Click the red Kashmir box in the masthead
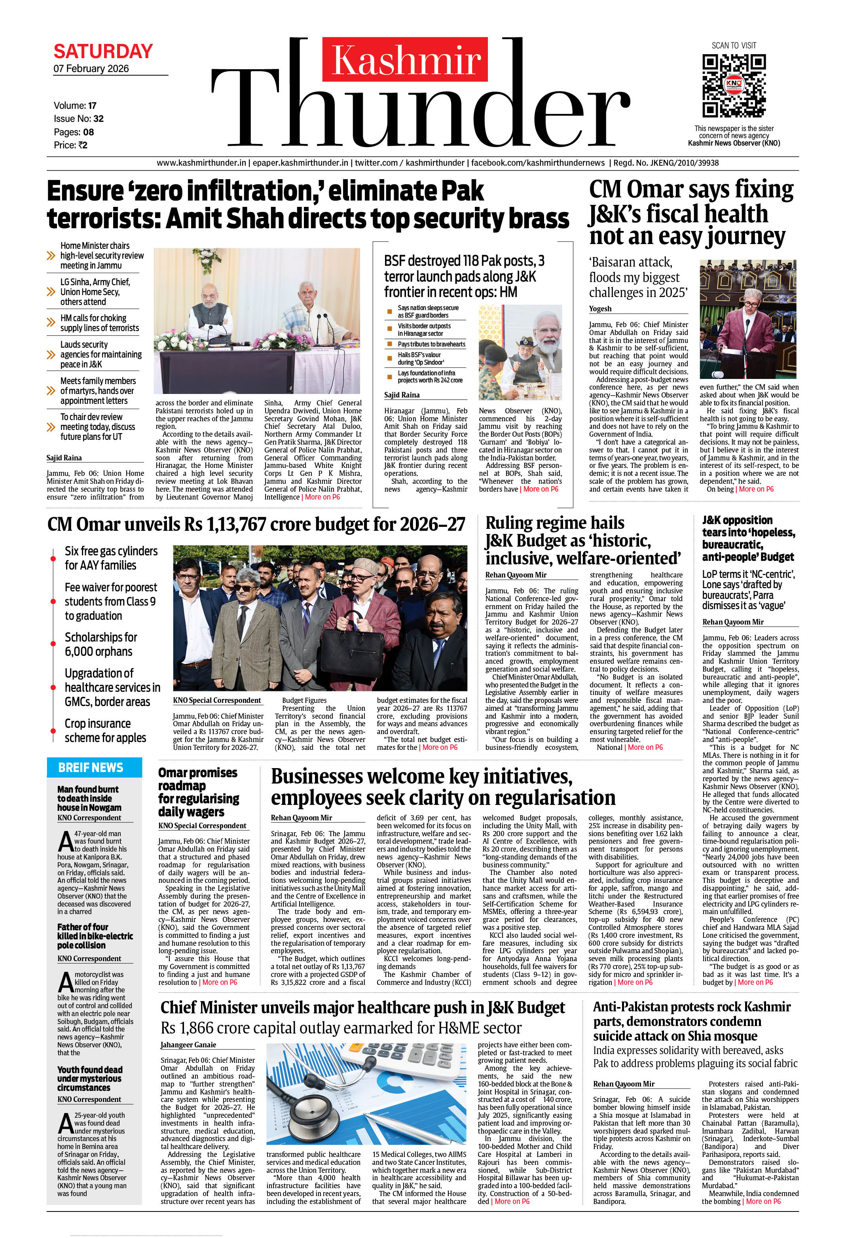[x=405, y=59]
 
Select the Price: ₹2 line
[x=70, y=145]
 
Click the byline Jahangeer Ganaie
[x=188, y=1045]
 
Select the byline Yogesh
[x=600, y=309]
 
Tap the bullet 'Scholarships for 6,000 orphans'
[x=101, y=644]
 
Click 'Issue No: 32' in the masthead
[x=78, y=118]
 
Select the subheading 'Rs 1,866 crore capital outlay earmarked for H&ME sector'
[x=341, y=1028]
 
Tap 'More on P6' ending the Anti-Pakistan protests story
[x=763, y=1201]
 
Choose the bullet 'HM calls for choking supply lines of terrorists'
[x=99, y=323]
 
